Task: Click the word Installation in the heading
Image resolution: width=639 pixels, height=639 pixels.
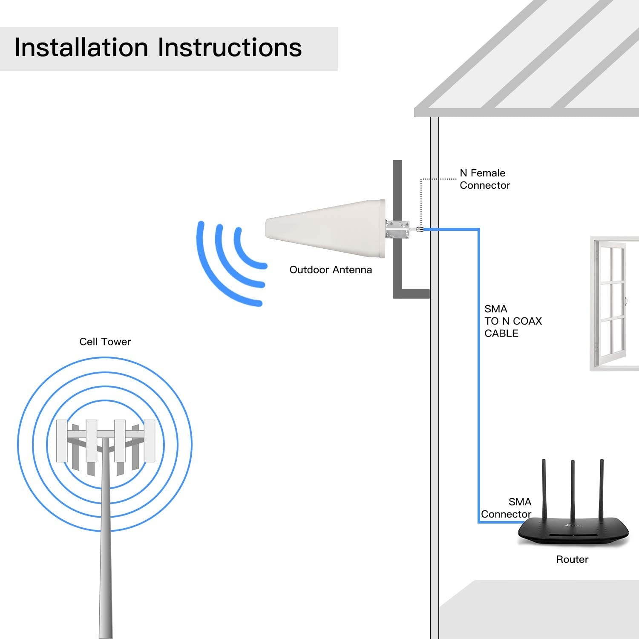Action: click(x=81, y=47)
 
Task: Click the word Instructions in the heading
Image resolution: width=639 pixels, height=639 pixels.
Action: click(x=230, y=47)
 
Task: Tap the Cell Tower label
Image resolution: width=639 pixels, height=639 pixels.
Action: click(x=105, y=342)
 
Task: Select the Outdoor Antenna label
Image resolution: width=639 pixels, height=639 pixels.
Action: click(x=331, y=270)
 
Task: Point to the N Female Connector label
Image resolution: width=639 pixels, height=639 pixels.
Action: click(x=484, y=179)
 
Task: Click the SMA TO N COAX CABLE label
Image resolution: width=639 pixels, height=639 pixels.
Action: click(x=512, y=321)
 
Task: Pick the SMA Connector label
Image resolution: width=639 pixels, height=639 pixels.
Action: click(x=507, y=508)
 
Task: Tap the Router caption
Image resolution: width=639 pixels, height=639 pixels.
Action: click(x=572, y=559)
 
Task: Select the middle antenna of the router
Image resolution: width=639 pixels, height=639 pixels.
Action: click(x=573, y=490)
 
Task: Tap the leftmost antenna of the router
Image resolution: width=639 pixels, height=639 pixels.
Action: click(x=544, y=490)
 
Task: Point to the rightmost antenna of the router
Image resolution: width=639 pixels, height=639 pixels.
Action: click(x=602, y=490)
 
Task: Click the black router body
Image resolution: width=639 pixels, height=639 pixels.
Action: click(x=573, y=532)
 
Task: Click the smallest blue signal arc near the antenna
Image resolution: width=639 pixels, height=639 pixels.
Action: click(x=245, y=253)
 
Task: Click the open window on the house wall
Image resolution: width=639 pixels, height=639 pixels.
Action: click(x=611, y=302)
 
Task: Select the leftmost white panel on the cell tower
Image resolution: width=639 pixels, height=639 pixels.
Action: click(x=62, y=441)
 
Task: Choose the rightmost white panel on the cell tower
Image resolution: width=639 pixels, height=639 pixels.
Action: click(x=149, y=441)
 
